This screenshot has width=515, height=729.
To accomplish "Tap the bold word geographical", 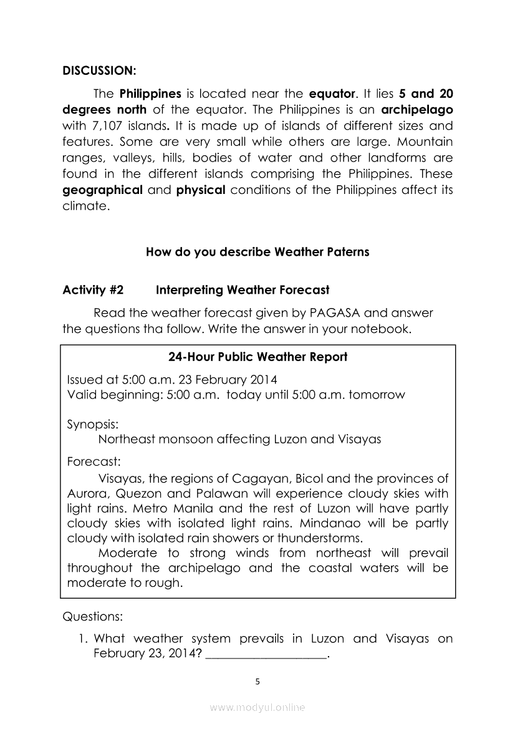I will tap(103, 190).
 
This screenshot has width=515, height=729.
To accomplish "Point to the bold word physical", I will tap(200, 190).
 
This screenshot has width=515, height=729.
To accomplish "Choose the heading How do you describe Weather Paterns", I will tap(257, 252).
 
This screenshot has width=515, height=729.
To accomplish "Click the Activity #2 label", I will tap(93, 290).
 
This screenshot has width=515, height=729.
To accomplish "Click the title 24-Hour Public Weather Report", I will tap(258, 357).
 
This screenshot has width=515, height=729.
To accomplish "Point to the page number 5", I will tap(258, 682).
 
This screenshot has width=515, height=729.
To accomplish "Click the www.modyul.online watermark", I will tap(257, 708).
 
